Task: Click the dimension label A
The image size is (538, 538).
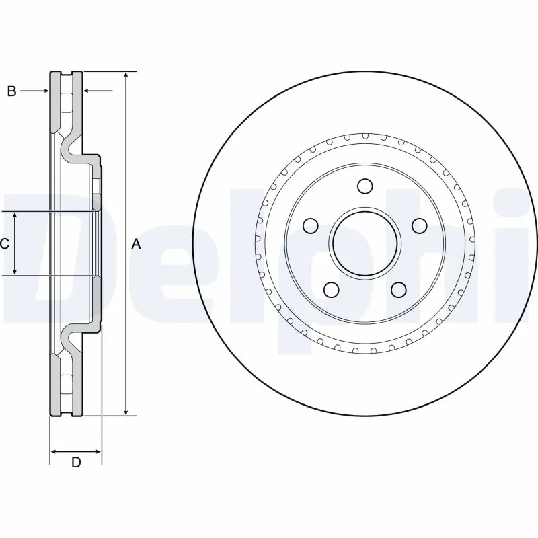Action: coord(136,245)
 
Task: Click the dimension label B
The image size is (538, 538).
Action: coord(11,91)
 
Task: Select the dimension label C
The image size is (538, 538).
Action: coord(5,244)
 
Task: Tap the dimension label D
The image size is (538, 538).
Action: coord(76,462)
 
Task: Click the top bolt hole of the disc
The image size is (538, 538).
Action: coord(364,186)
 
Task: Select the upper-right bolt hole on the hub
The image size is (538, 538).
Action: coord(419,225)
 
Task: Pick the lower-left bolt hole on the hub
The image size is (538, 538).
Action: coord(331,289)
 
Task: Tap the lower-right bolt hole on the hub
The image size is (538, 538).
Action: coord(398,289)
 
